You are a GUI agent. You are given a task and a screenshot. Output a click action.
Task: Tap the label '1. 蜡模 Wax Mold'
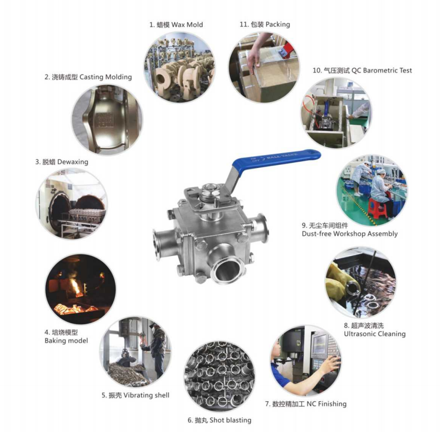click(176, 25)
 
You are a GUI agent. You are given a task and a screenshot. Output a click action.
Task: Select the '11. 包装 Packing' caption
click(265, 24)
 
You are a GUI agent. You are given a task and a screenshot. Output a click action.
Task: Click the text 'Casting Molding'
click(106, 77)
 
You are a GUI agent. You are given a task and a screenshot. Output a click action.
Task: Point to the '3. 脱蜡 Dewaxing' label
click(62, 162)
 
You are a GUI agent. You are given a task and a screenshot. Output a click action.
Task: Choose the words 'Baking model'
click(66, 341)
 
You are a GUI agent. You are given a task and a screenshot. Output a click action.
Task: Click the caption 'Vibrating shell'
click(146, 395)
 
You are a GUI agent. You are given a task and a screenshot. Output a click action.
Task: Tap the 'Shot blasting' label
click(230, 420)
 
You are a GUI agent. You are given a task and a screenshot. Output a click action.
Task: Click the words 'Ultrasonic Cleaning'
click(375, 334)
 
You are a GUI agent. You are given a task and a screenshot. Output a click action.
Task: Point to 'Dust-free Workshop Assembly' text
click(349, 234)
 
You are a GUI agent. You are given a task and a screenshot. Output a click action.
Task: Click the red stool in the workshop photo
click(378, 208)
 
